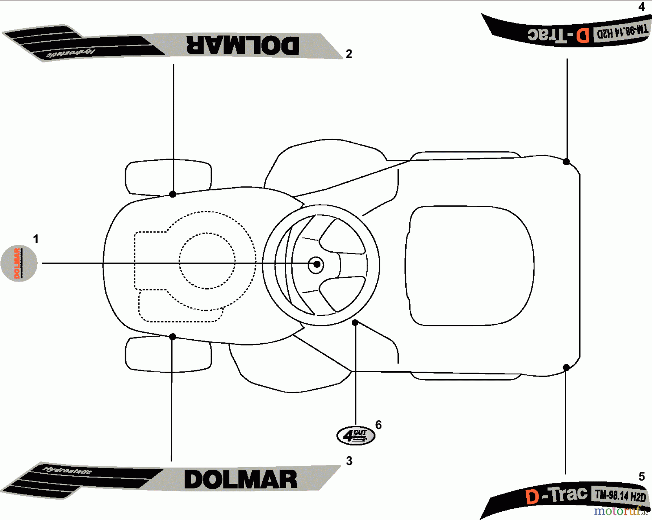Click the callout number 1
pos(35,239)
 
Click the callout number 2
pos(349,54)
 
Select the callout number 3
pos(349,461)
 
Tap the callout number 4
pos(641,7)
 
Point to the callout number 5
pos(641,476)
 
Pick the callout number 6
pos(379,425)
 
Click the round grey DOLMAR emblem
pos(19,263)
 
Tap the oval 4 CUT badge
pos(356,435)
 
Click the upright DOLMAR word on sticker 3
pos(241,479)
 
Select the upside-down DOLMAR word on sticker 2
pos(243,45)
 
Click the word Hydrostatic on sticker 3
pos(67,471)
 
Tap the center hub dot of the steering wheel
pos(317,264)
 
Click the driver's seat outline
pos(469,265)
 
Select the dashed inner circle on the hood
pos(207,261)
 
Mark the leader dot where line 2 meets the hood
pos(173,194)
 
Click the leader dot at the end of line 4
pos(567,162)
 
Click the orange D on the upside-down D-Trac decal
pos(583,35)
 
